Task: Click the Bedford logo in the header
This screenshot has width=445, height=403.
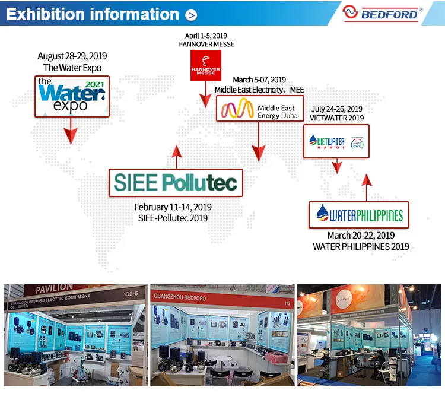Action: (x=382, y=13)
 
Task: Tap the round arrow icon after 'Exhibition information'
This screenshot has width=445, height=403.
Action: (x=191, y=15)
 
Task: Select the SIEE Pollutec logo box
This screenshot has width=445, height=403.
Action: (x=176, y=182)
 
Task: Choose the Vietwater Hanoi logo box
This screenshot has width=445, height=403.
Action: (x=336, y=141)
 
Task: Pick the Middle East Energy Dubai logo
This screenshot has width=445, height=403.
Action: (x=259, y=109)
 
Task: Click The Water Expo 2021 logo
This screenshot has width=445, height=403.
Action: (x=71, y=95)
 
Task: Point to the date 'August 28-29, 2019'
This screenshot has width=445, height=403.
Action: (x=72, y=56)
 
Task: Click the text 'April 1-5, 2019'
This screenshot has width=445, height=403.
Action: (x=206, y=35)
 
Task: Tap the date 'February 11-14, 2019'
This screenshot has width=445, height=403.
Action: (x=173, y=207)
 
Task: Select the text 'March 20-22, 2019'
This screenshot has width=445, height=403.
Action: (x=361, y=236)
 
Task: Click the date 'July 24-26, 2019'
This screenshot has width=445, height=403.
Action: (x=336, y=109)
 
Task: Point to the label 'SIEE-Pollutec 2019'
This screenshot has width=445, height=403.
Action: (x=174, y=218)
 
